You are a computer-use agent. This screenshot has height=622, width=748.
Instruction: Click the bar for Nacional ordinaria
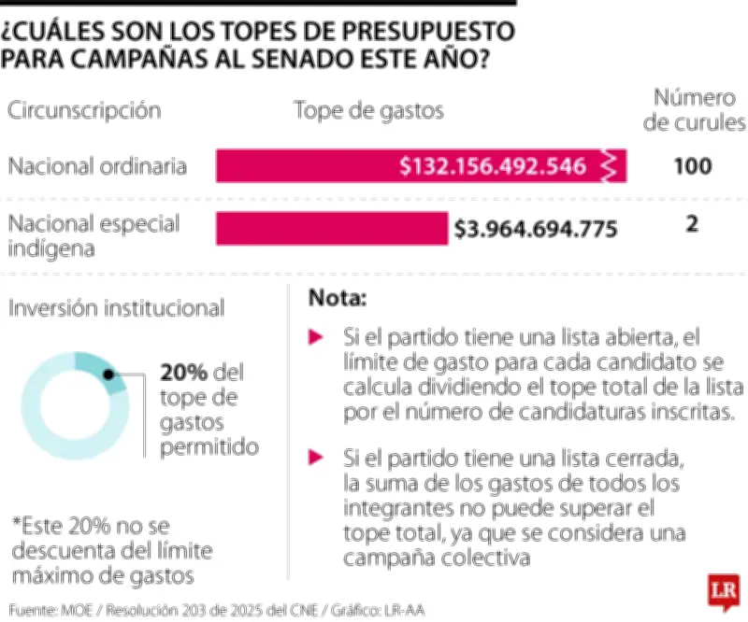point(309,166)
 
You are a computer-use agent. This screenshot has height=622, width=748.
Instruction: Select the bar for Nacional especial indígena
point(332,228)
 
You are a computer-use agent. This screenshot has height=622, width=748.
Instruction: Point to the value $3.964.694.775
point(536,228)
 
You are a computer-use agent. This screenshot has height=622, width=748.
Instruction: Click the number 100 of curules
point(693,166)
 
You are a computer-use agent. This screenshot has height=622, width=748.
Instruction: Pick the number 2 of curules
point(692,226)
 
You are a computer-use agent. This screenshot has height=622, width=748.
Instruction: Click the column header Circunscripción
point(84,110)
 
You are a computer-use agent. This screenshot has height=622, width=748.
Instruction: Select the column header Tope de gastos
point(368,110)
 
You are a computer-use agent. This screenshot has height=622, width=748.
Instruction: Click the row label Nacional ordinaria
point(97,166)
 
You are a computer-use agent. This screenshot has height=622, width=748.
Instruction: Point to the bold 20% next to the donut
point(183,373)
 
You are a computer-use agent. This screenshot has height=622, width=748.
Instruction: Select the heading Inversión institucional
point(116,307)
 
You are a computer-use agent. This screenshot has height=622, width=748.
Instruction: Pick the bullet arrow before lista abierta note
point(317,335)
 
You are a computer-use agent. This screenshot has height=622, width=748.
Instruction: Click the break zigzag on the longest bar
point(610,166)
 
